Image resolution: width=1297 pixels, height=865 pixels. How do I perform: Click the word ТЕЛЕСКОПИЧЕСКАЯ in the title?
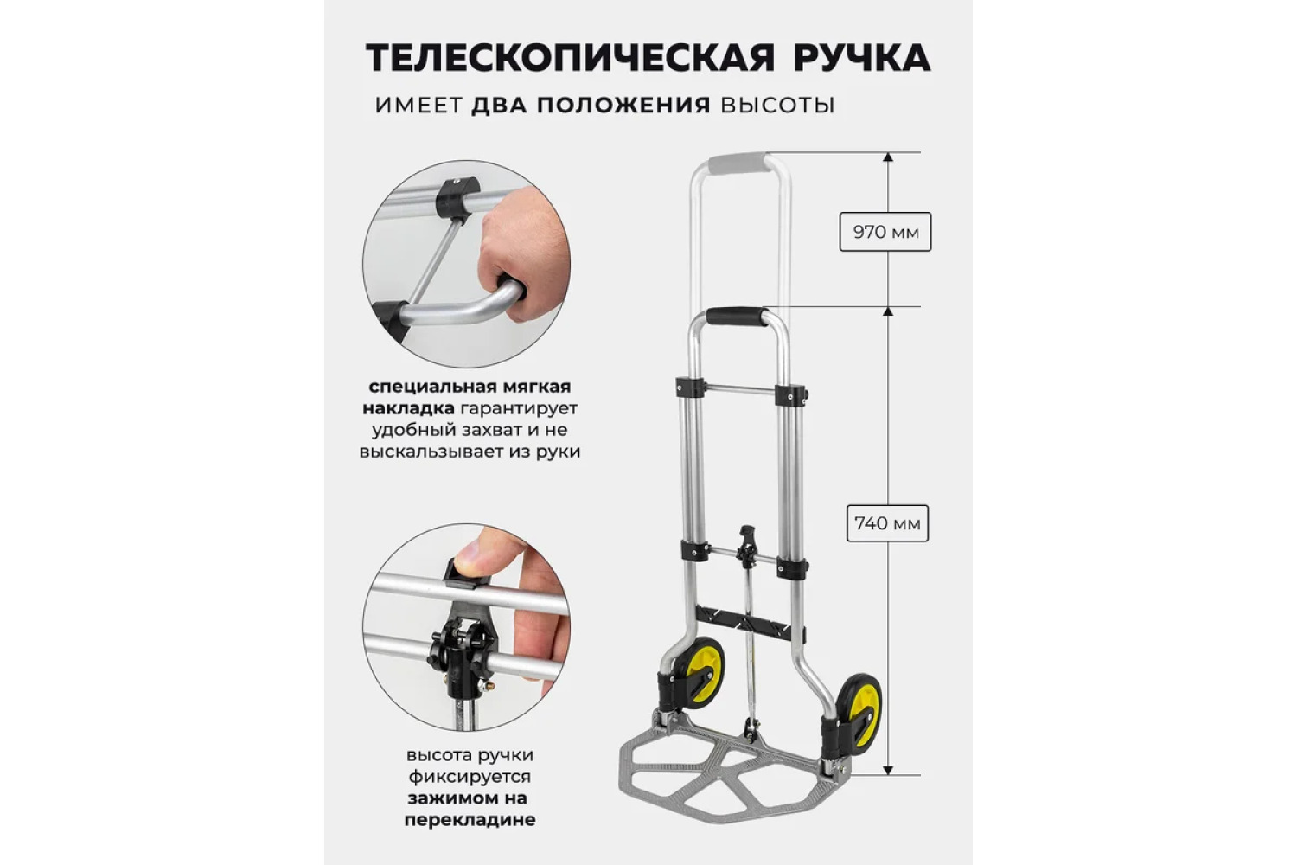click(x=571, y=57)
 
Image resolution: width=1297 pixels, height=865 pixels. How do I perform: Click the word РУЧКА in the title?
click(x=862, y=57)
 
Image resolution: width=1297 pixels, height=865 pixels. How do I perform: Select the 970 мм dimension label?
click(x=885, y=232)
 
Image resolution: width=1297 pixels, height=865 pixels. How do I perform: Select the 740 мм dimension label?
click(x=887, y=523)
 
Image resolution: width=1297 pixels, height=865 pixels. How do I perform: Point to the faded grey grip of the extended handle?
click(x=740, y=162)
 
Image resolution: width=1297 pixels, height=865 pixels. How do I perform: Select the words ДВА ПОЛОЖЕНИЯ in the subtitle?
click(x=591, y=106)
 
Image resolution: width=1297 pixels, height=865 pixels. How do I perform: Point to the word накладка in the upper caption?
click(x=408, y=408)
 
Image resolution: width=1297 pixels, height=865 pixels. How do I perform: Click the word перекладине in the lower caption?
click(x=470, y=820)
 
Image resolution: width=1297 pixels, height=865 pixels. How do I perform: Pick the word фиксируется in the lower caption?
click(x=470, y=777)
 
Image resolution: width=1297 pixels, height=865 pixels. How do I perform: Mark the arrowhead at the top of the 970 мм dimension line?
click(x=888, y=157)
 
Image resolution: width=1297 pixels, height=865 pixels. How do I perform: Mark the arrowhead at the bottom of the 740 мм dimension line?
click(x=888, y=770)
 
